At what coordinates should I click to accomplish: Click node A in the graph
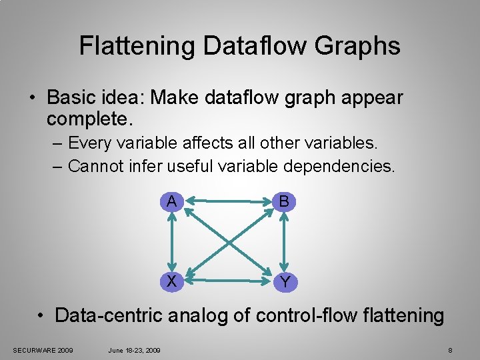pyautogui.click(x=172, y=201)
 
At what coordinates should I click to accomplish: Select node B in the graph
pyautogui.click(x=285, y=201)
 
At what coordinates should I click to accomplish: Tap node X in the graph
pyautogui.click(x=172, y=281)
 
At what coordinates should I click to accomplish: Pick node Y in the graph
pyautogui.click(x=285, y=282)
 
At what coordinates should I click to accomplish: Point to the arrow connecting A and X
pyautogui.click(x=172, y=241)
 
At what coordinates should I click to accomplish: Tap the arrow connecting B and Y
pyautogui.click(x=285, y=241)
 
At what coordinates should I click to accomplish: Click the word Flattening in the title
pyautogui.click(x=137, y=46)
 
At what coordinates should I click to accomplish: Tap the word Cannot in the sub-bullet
pyautogui.click(x=95, y=165)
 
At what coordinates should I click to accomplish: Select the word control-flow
pyautogui.click(x=295, y=315)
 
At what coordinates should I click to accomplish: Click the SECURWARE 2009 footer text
pyautogui.click(x=43, y=350)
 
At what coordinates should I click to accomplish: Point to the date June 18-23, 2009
pyautogui.click(x=133, y=350)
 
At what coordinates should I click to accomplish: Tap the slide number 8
pyautogui.click(x=451, y=350)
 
